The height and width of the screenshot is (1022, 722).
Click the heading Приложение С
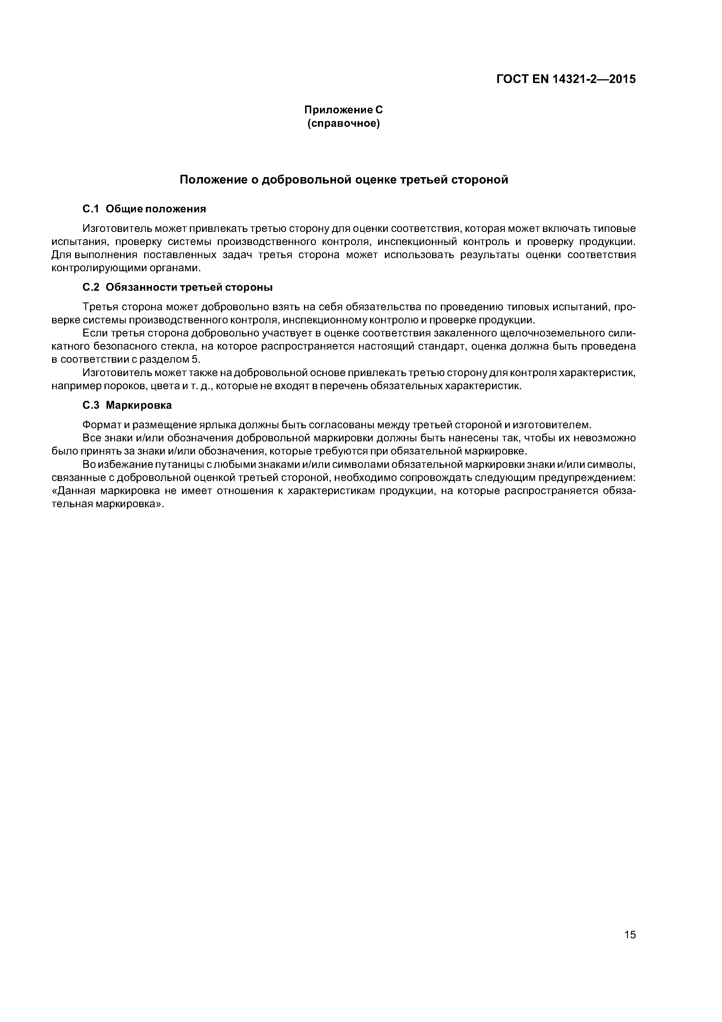pyautogui.click(x=343, y=110)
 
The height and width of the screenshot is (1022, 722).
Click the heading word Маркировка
pyautogui.click(x=139, y=406)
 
